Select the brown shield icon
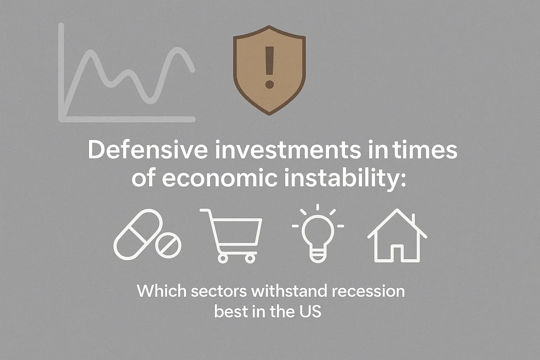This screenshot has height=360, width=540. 269,70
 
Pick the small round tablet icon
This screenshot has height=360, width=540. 168,245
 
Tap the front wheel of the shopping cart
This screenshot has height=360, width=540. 250,259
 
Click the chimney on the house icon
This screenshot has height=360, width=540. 414,219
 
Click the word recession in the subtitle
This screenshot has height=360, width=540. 368,291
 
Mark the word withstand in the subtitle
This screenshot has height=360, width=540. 289,291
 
